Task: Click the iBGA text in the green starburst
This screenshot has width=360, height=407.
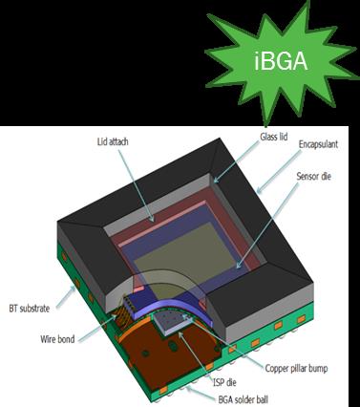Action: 281,61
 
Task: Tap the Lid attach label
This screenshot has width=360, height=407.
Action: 113,141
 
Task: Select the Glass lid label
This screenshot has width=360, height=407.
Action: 274,137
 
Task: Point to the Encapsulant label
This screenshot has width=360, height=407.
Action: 318,144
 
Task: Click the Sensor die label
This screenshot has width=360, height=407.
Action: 313,176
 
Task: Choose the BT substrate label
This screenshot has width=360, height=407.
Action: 30,309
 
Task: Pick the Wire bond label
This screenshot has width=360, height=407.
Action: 57,339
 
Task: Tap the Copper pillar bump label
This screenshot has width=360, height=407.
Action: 296,369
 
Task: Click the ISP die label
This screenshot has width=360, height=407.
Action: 224,382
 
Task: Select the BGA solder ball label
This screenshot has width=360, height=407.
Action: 244,399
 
